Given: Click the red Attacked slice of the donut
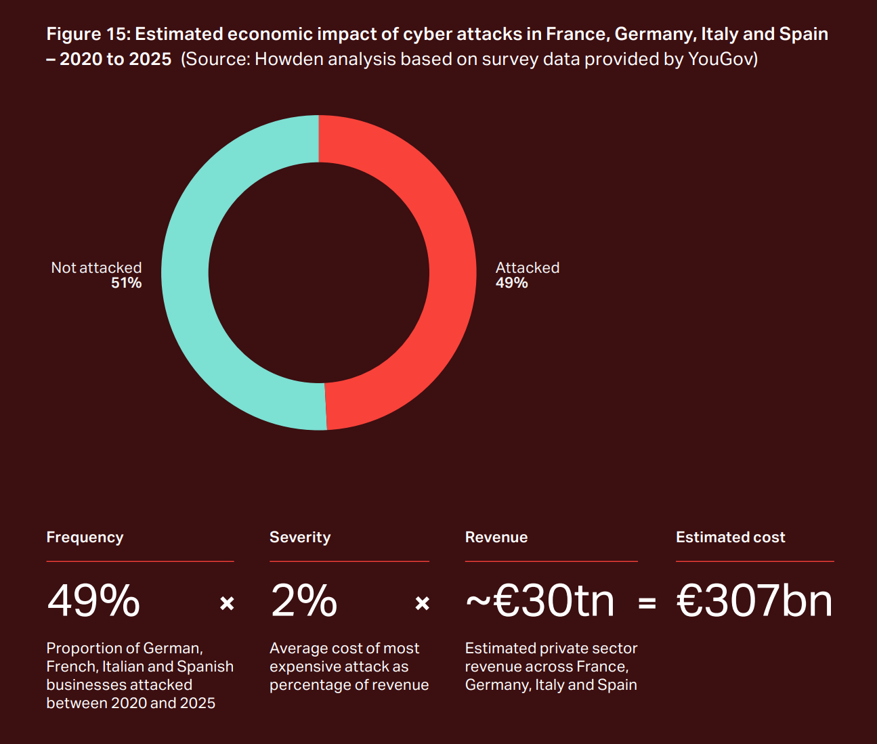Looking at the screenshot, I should pyautogui.click(x=452, y=271).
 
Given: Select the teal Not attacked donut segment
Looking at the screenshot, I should pyautogui.click(x=185, y=271).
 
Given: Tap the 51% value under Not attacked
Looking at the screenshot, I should pyautogui.click(x=126, y=283).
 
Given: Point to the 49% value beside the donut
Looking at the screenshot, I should pyautogui.click(x=511, y=283).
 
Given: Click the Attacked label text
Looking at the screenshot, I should pyautogui.click(x=528, y=267).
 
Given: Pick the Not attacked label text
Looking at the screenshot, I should pyautogui.click(x=96, y=267).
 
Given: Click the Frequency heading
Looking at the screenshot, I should pyautogui.click(x=85, y=537).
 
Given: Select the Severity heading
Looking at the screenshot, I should pyautogui.click(x=300, y=537).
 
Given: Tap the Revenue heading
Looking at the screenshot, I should pyautogui.click(x=496, y=537).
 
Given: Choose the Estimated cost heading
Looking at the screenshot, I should pyautogui.click(x=730, y=537).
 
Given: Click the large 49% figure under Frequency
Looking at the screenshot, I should pyautogui.click(x=93, y=601).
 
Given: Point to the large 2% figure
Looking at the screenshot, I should pyautogui.click(x=303, y=601).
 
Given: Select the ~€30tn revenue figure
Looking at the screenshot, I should pyautogui.click(x=540, y=601).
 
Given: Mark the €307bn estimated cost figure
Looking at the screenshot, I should pyautogui.click(x=754, y=601).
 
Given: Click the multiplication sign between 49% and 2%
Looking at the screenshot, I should pyautogui.click(x=227, y=603).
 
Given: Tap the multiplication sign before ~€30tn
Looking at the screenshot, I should pyautogui.click(x=422, y=603).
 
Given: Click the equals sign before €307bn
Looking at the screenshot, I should pyautogui.click(x=647, y=603).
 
